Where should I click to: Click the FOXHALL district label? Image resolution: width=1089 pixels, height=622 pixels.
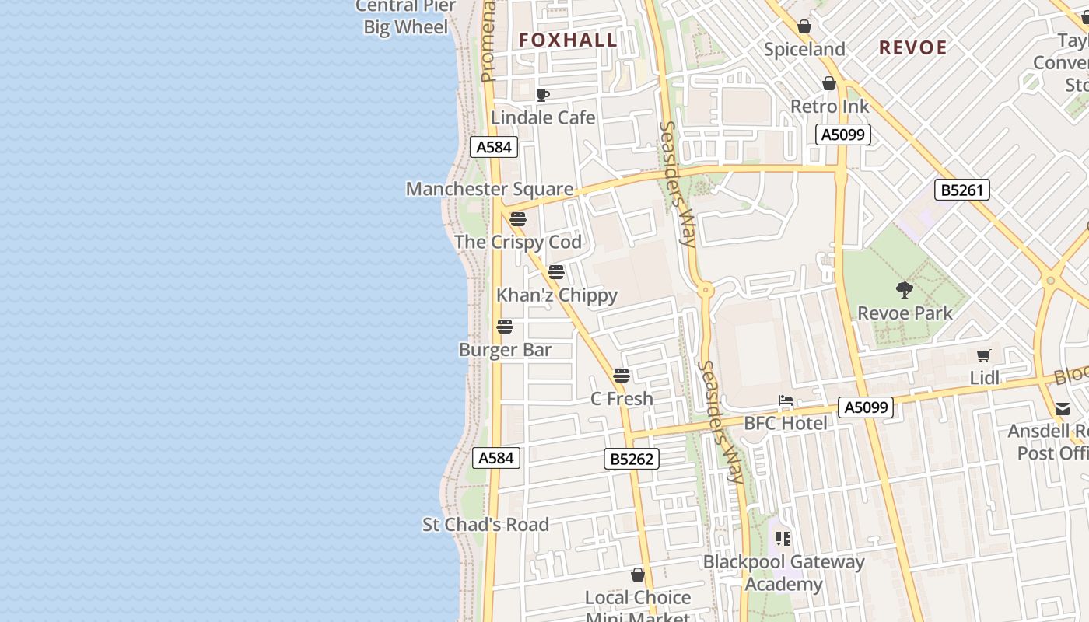pos(568,40)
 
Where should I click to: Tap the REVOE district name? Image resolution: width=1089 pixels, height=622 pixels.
pos(912,47)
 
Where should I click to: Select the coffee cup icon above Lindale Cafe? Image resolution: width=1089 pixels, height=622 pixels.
pos(543,95)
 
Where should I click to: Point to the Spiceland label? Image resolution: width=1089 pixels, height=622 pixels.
pos(804,50)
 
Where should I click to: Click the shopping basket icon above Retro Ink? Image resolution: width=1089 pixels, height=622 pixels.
pos(829,83)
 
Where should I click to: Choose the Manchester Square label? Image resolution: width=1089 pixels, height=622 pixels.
pos(489,189)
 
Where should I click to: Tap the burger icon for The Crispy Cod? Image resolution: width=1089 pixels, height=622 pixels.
pos(518,219)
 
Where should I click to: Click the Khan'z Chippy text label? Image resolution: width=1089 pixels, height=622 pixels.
pos(557,295)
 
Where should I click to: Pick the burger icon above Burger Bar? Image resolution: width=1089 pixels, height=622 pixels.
pos(505,327)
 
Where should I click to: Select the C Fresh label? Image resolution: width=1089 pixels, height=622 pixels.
pos(622,399)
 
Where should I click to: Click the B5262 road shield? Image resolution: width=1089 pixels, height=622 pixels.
pos(632,459)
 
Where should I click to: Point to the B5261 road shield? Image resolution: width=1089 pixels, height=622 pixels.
pos(963,190)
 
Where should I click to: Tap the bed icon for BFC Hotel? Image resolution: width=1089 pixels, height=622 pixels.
pos(786,401)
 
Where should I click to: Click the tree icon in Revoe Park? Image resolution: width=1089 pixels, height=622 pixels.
pos(904,290)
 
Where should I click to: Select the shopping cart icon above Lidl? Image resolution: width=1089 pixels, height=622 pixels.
pos(984,356)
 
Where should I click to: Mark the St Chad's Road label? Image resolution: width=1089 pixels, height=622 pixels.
pos(485,525)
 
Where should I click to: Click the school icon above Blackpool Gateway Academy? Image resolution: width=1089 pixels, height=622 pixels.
pos(783,538)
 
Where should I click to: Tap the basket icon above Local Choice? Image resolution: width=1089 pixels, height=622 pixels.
pos(638,575)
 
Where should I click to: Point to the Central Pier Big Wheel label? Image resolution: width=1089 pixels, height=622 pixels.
pos(406,17)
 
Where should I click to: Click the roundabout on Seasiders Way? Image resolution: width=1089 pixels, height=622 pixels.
pos(706,290)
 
